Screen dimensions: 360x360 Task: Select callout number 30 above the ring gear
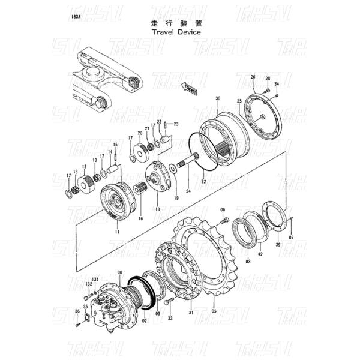point(218,98)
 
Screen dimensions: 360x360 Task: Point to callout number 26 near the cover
point(253,77)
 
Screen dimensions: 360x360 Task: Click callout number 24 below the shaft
point(188,191)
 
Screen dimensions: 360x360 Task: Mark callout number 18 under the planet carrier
point(158,209)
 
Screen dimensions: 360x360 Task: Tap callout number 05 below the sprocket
point(213,311)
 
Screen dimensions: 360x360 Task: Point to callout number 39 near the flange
point(277,245)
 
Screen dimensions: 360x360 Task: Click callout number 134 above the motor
point(95,278)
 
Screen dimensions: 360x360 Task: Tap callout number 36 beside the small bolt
point(77,311)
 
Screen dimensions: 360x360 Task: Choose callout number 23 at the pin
point(177,124)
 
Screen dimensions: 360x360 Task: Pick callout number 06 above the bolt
point(222,209)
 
